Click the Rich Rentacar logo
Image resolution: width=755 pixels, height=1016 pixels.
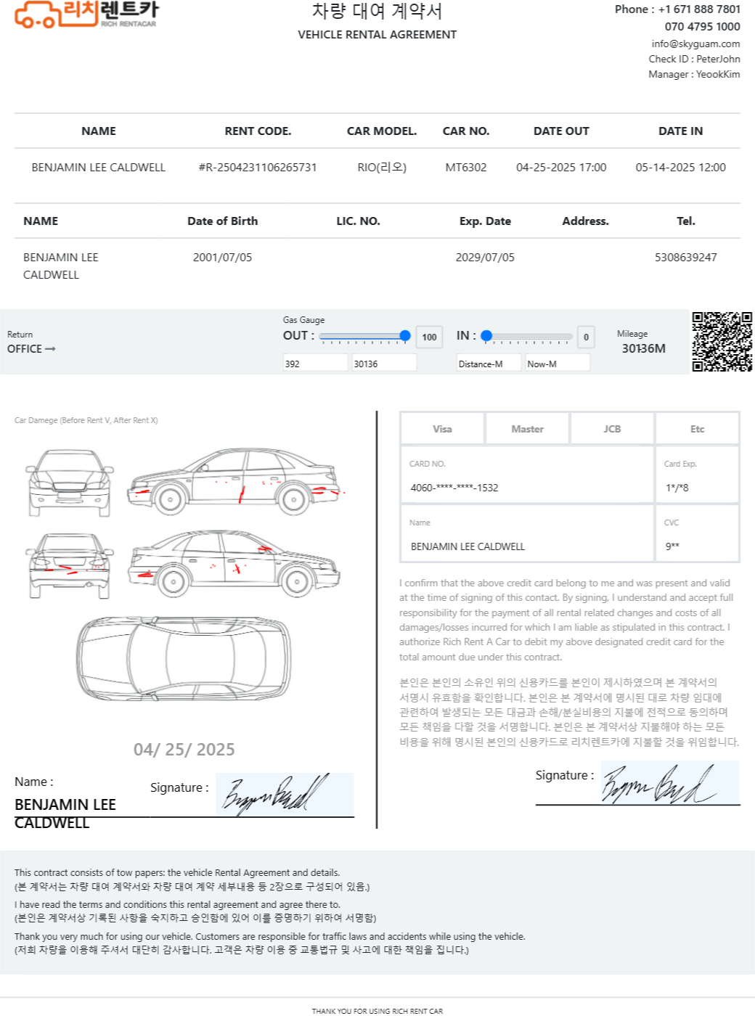click(x=86, y=15)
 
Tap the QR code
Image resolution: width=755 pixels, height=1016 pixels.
click(x=722, y=342)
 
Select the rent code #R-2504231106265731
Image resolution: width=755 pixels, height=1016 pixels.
click(x=258, y=168)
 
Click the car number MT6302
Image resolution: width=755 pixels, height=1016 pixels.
click(x=466, y=168)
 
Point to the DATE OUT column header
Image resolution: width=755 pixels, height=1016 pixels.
click(x=561, y=131)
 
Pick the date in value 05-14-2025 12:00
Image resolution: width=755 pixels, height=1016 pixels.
click(x=680, y=168)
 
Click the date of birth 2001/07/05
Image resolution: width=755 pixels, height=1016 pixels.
click(x=222, y=258)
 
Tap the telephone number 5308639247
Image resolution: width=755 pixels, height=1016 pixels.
click(x=685, y=258)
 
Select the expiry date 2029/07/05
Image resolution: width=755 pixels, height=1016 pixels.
click(x=485, y=258)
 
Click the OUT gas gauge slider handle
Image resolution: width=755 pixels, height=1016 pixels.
click(x=405, y=336)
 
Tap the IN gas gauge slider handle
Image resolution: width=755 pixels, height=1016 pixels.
click(x=487, y=336)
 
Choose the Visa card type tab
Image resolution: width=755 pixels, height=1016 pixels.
click(x=442, y=429)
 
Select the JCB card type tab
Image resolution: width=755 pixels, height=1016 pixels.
click(x=612, y=429)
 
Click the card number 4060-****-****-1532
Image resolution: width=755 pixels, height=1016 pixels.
click(x=454, y=488)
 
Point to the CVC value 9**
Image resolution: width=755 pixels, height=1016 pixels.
click(x=672, y=546)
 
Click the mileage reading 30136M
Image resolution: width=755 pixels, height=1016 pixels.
click(x=643, y=348)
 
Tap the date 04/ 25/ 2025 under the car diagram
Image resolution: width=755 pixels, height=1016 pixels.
click(x=184, y=750)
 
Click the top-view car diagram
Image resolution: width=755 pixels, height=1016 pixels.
click(x=184, y=657)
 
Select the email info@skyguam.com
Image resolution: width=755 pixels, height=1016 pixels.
click(x=695, y=44)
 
